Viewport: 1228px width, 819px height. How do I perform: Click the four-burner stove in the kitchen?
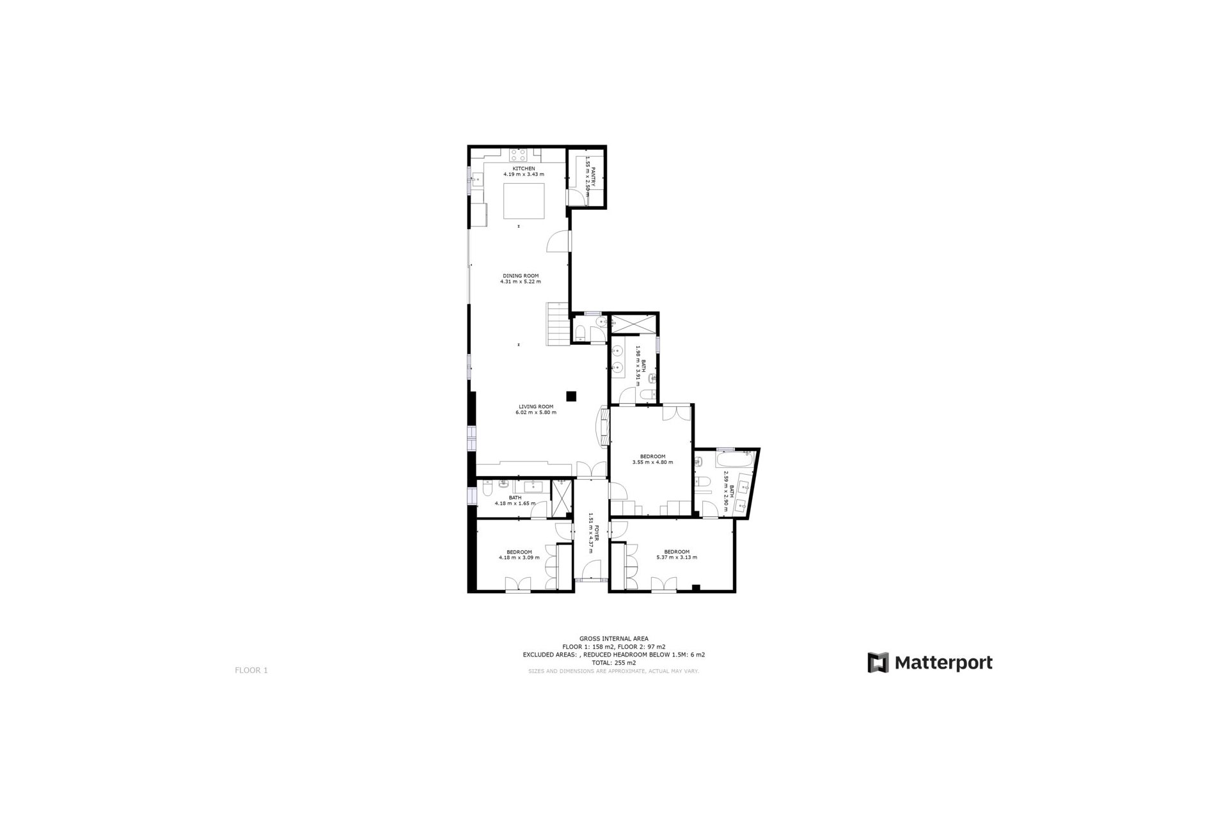click(518, 155)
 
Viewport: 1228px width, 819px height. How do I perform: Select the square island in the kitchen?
click(524, 200)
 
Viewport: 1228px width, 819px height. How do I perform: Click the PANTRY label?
click(594, 177)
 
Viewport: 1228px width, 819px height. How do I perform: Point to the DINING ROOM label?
click(520, 276)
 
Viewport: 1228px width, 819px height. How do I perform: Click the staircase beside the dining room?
click(558, 324)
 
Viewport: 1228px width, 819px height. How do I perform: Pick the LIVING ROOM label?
click(536, 406)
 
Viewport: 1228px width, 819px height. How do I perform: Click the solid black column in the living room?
click(571, 396)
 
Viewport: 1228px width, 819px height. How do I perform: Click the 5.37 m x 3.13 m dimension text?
click(677, 557)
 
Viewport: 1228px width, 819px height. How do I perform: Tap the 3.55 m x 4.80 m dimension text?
click(652, 462)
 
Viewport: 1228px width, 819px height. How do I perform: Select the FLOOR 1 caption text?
click(251, 671)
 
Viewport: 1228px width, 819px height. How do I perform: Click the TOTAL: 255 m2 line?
click(613, 663)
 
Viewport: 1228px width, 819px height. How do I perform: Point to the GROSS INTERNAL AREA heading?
click(613, 639)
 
